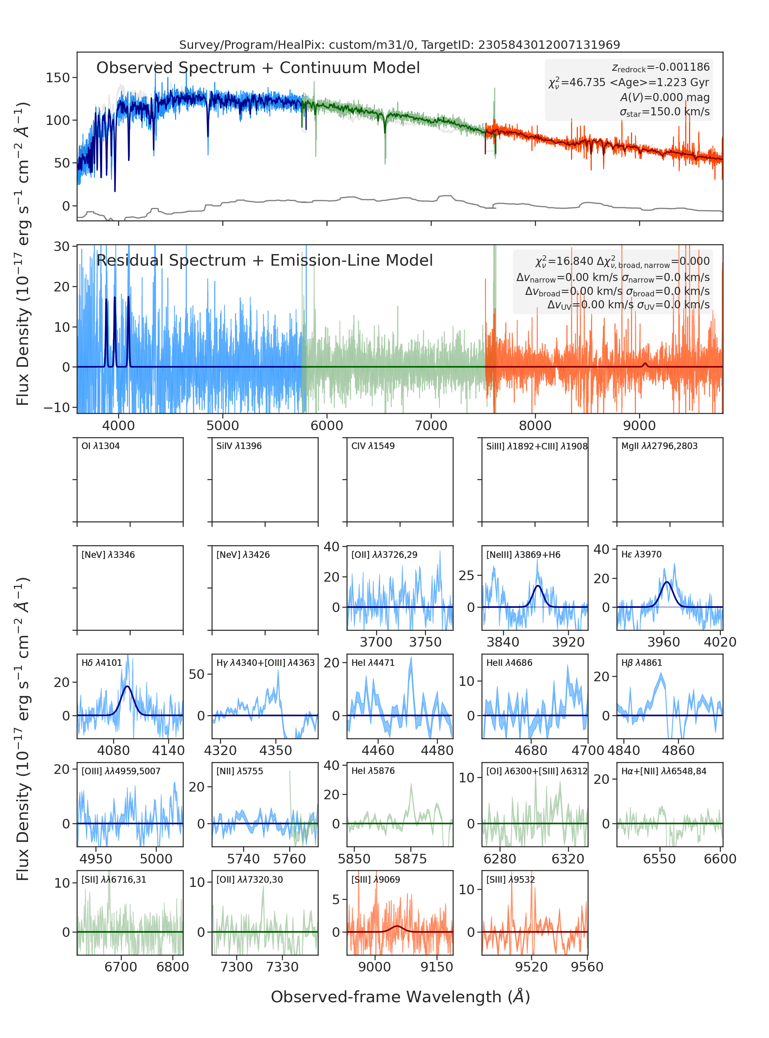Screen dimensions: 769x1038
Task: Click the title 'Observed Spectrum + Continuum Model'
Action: (258, 68)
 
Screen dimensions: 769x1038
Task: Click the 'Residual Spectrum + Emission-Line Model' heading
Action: (265, 260)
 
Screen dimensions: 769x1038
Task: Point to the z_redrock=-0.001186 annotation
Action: (661, 68)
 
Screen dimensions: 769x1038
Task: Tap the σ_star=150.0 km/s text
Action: (665, 112)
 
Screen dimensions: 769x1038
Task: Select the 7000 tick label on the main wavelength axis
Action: (431, 426)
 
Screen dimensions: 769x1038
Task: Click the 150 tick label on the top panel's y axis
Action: (58, 78)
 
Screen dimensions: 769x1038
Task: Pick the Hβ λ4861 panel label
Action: (641, 663)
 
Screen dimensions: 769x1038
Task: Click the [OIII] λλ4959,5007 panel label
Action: (121, 771)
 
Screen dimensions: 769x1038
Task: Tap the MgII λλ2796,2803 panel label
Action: (659, 446)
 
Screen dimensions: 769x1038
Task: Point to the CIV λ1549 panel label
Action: (373, 446)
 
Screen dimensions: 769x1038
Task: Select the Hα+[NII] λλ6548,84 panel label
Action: (664, 771)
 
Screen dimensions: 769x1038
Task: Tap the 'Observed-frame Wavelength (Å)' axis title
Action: (400, 996)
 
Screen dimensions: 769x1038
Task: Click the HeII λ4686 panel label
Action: (509, 663)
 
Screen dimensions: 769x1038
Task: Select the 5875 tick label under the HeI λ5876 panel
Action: (411, 859)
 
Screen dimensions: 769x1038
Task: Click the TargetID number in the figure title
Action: (549, 45)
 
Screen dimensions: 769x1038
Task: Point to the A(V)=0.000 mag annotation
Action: (665, 97)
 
